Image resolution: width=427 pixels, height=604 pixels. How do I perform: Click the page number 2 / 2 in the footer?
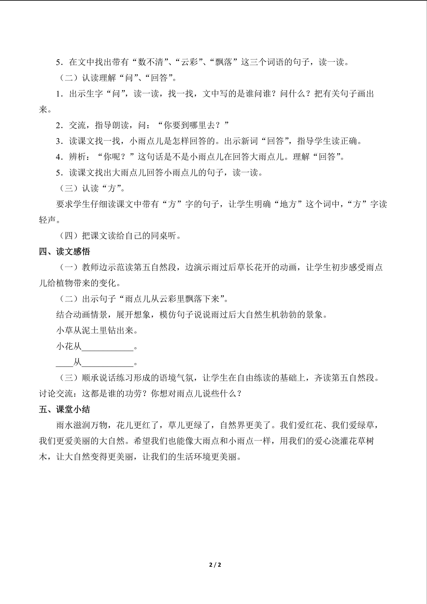(x=215, y=565)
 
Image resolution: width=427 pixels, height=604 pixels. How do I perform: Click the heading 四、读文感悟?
(x=64, y=252)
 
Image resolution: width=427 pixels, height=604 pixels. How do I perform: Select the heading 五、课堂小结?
(x=64, y=409)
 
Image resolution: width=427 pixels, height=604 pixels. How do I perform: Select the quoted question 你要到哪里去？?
(x=193, y=125)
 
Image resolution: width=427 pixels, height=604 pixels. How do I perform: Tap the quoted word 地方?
(x=288, y=204)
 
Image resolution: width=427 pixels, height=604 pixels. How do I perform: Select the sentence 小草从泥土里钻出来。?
(x=97, y=330)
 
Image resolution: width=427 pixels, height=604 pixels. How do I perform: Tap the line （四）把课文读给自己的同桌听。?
(x=120, y=236)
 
